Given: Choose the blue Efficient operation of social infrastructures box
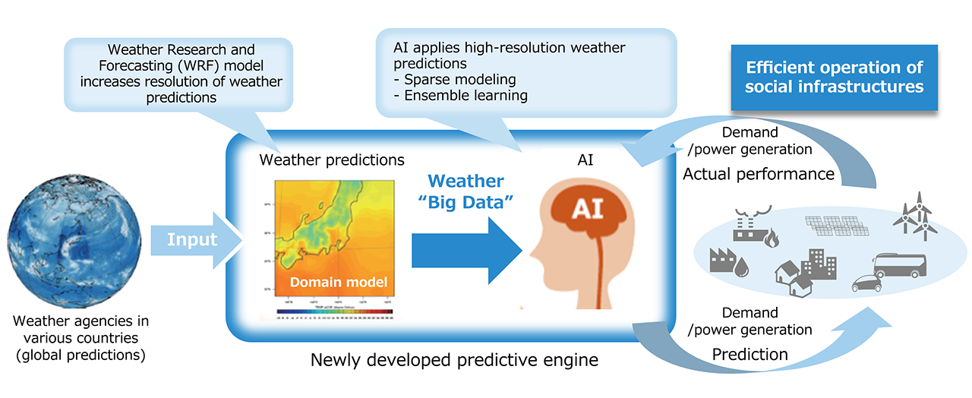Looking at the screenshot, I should tap(834, 76).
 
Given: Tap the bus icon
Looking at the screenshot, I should tap(900, 266).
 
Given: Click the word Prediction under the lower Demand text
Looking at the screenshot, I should tap(750, 353).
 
